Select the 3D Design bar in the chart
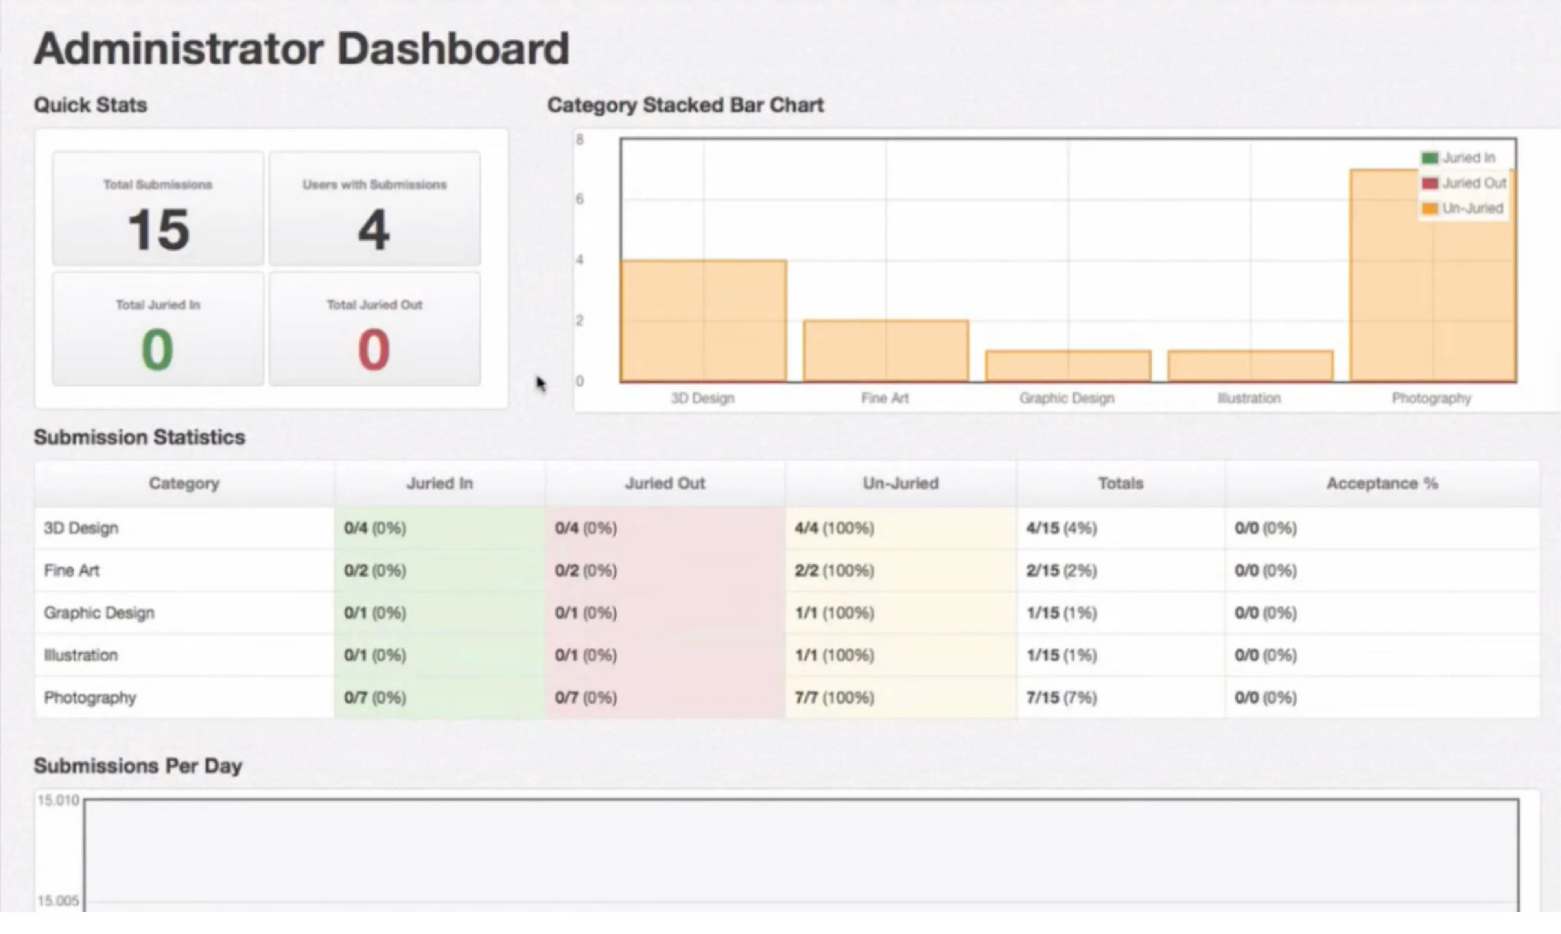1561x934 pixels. (703, 321)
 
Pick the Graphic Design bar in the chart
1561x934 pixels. (1068, 366)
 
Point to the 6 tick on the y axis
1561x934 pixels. (580, 199)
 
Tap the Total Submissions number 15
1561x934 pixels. (158, 230)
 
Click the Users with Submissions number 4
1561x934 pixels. (374, 230)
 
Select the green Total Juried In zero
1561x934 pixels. (157, 350)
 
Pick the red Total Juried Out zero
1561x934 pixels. (374, 350)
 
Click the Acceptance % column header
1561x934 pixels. (1382, 483)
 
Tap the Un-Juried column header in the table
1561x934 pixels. (900, 483)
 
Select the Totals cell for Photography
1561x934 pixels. (1062, 697)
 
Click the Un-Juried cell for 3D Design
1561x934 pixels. (834, 528)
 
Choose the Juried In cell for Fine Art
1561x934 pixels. (375, 570)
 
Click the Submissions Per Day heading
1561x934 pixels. (138, 766)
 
